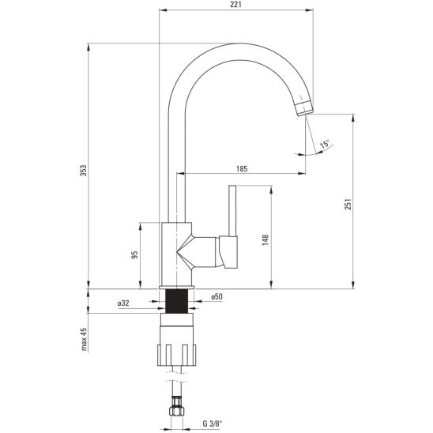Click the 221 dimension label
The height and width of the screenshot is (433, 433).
pos(235,5)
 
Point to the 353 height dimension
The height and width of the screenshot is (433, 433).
pos(84,171)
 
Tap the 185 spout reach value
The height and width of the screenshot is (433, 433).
pos(242,168)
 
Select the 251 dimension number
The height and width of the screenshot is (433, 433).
pos(348,204)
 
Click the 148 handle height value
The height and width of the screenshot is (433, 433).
pos(265,240)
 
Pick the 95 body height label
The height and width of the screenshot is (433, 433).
pos(134,254)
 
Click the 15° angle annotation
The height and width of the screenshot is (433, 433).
pos(325,144)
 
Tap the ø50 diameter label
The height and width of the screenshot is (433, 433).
pos(216,297)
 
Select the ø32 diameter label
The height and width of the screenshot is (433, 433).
pos(123,303)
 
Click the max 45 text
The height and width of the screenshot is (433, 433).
pos(84,339)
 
